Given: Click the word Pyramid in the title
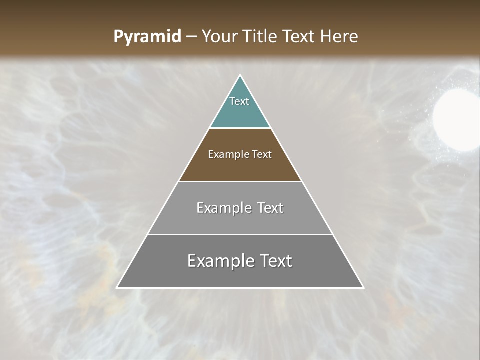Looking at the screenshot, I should coord(147,37).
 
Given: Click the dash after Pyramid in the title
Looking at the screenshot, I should coord(191,37).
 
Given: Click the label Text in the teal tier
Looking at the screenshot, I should coord(239,101).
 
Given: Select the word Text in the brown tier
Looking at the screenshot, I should coord(262,155).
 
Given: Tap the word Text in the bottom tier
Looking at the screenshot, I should coord(275,261).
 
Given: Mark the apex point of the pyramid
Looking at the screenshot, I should coord(240,76).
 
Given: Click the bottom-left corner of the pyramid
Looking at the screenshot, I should coord(117,287).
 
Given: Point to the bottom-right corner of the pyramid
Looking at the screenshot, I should coord(363,287).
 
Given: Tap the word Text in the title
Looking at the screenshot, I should coord(299,37).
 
